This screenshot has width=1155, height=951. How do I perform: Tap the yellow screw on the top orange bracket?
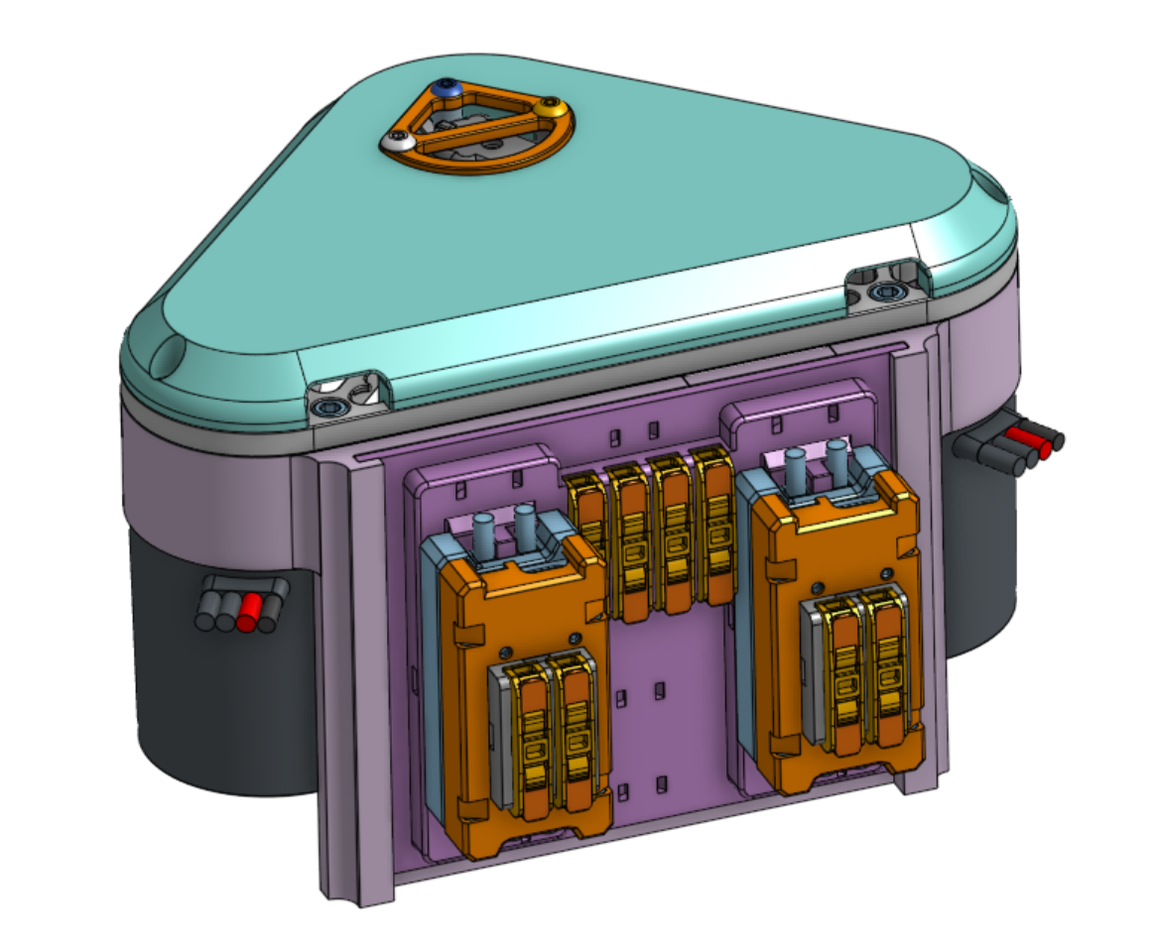(549, 105)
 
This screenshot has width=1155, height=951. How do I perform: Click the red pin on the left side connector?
(248, 612)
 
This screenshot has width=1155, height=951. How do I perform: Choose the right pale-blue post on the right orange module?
(836, 463)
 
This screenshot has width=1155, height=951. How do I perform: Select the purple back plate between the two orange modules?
(670, 714)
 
